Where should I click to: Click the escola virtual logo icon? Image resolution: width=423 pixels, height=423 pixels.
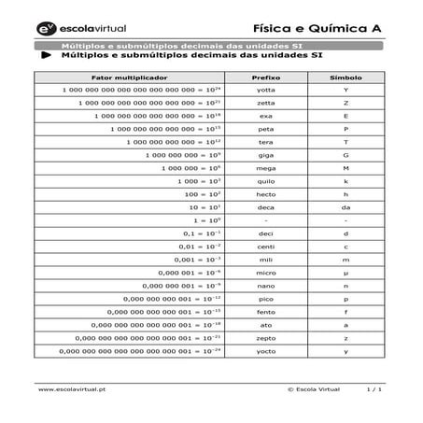pyautogui.click(x=47, y=29)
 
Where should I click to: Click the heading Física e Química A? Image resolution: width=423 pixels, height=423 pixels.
pyautogui.click(x=322, y=28)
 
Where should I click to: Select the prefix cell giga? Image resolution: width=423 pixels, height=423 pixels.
pyautogui.click(x=266, y=154)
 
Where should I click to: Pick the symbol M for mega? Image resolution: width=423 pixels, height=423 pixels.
pyautogui.click(x=345, y=167)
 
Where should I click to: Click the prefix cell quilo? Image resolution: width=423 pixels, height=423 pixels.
pyautogui.click(x=266, y=180)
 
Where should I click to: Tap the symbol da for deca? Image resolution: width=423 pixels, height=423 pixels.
pyautogui.click(x=345, y=206)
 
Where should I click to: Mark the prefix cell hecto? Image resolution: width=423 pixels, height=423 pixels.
pyautogui.click(x=266, y=193)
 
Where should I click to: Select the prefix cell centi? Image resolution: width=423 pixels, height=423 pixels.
pyautogui.click(x=266, y=246)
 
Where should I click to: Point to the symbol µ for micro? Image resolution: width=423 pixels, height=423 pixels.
pyautogui.click(x=345, y=272)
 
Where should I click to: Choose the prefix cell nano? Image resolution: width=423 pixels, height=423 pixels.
pyautogui.click(x=266, y=285)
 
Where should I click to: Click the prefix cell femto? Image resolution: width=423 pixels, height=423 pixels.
pyautogui.click(x=266, y=311)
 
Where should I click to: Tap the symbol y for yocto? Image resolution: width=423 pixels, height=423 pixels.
pyautogui.click(x=345, y=350)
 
